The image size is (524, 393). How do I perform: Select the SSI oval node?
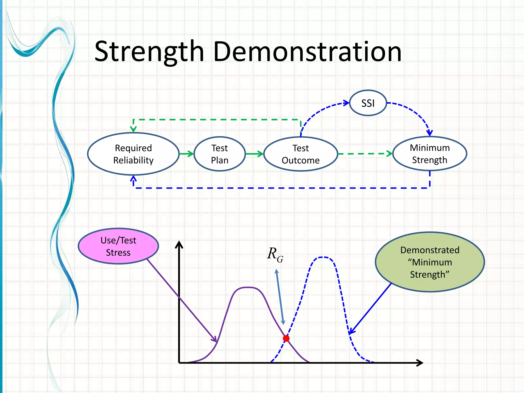368,103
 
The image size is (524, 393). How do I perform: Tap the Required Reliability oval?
133,154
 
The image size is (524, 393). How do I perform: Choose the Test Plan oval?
220,154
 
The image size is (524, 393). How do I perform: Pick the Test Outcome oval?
301,154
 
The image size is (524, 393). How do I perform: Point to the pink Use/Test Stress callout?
118,246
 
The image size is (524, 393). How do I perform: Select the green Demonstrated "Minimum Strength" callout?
430,262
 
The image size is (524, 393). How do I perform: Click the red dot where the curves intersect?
286,339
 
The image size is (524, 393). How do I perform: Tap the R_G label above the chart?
275,255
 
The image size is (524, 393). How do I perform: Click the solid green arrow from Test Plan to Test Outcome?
254,154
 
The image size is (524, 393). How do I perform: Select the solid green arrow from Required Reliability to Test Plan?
186,154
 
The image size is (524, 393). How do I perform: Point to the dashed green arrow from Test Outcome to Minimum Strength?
365,154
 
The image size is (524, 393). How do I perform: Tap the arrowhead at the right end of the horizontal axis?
420,363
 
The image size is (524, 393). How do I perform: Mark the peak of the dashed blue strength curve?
323,257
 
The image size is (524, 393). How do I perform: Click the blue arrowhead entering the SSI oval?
346,103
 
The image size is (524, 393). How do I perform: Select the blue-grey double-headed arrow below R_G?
280,297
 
